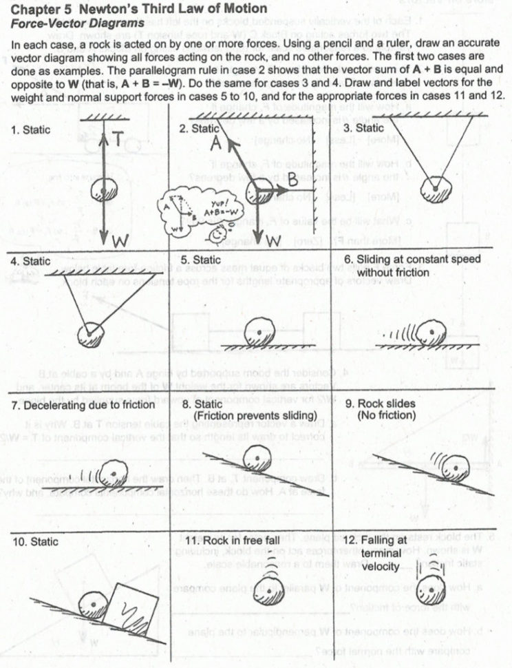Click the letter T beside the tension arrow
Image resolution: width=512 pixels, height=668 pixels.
point(118,140)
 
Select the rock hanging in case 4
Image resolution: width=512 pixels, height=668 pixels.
point(92,336)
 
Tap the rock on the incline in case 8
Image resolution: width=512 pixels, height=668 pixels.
point(257,457)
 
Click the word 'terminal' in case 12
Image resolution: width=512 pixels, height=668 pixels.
point(380,553)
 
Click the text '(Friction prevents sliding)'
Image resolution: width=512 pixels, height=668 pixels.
point(255,416)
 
